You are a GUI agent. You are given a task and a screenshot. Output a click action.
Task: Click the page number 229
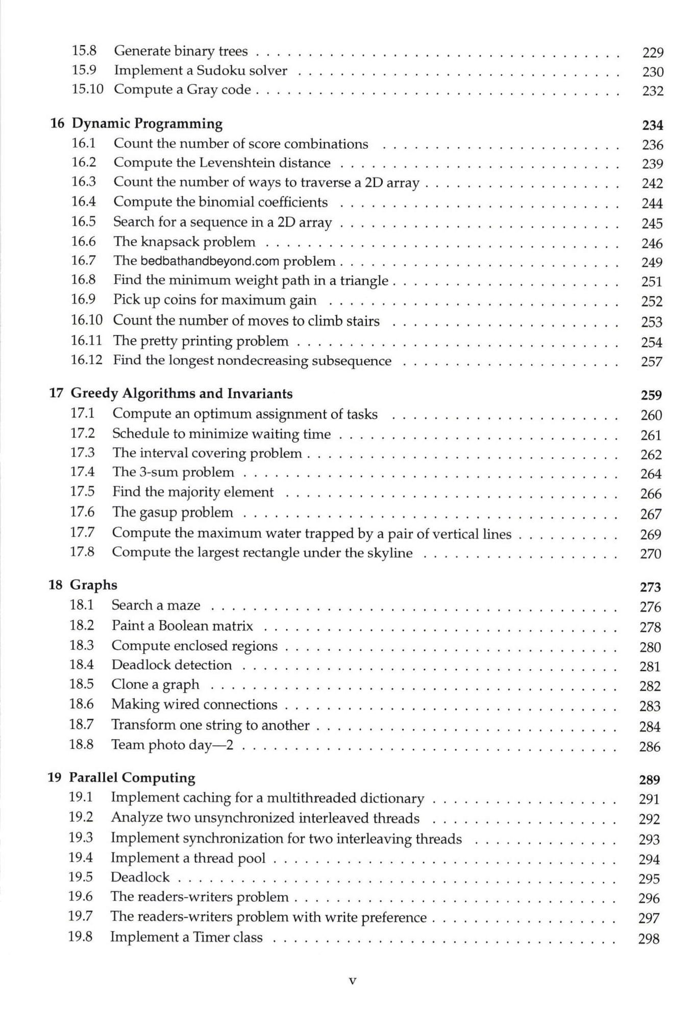click(x=653, y=53)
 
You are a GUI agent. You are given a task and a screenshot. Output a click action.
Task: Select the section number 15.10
click(x=87, y=89)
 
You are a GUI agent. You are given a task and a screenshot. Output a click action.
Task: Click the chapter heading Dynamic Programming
click(x=147, y=124)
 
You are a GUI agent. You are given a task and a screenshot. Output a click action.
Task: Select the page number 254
click(x=652, y=342)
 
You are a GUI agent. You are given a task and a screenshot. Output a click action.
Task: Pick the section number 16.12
click(x=86, y=360)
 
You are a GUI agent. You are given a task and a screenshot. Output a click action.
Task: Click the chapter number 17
click(x=56, y=393)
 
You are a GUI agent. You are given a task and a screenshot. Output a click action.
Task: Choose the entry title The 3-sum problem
click(x=173, y=472)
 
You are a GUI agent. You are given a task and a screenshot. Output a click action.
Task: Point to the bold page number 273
click(x=650, y=587)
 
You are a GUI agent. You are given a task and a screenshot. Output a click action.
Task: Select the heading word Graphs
click(x=93, y=585)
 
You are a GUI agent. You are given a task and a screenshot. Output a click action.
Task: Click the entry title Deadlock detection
click(x=171, y=665)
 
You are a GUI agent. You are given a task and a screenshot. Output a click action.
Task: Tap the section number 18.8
click(x=81, y=745)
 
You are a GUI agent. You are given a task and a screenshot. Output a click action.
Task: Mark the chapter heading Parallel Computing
click(x=132, y=778)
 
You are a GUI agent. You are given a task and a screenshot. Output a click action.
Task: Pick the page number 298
click(x=649, y=939)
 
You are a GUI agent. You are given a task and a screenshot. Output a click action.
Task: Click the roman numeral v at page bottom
click(x=352, y=980)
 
